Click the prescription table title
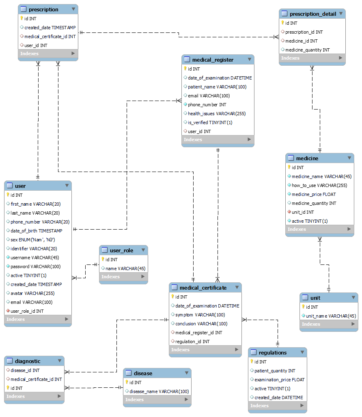[43, 9]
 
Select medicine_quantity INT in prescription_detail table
[307, 50]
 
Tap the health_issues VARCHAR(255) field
[217, 114]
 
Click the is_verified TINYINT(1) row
[210, 123]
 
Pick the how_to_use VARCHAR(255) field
[319, 185]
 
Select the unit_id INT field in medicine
[303, 212]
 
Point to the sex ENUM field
[33, 240]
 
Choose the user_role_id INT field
[27, 311]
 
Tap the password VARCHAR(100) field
[35, 267]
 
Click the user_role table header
[121, 250]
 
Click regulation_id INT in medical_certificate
[192, 342]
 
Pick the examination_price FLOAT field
[279, 380]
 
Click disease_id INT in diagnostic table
[25, 370]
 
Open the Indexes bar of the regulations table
[277, 406]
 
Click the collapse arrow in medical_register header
[250, 59]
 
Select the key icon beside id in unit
[303, 307]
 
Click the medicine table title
[307, 158]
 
